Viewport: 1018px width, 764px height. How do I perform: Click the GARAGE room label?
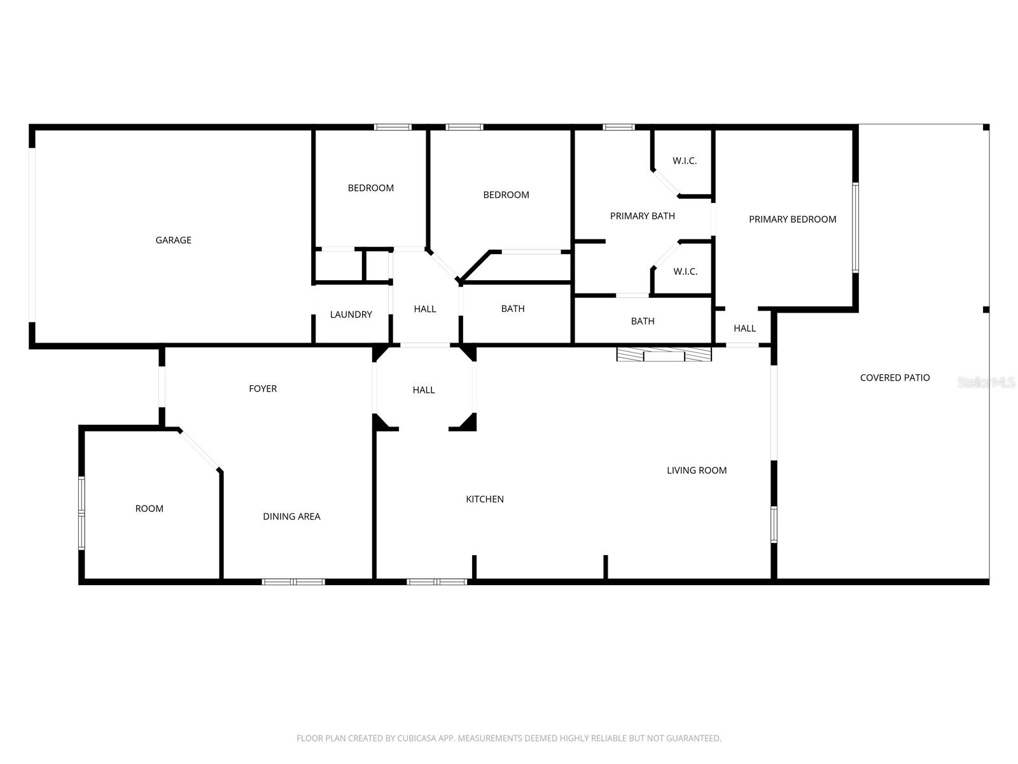[173, 240]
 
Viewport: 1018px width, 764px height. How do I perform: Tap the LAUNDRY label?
[351, 315]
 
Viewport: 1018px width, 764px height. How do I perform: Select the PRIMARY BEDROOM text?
[792, 219]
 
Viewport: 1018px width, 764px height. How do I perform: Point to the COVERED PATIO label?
[895, 378]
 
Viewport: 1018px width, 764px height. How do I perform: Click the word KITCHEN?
[485, 499]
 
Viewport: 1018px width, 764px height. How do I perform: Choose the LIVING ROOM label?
[697, 470]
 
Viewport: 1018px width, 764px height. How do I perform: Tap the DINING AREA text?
[291, 516]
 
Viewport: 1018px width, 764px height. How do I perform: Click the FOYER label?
[263, 388]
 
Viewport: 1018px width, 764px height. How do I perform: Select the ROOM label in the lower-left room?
[149, 508]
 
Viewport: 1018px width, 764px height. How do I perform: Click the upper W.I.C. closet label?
[685, 161]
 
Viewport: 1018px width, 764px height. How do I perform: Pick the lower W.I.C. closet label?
[685, 272]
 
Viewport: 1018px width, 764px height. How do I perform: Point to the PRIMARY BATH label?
[642, 216]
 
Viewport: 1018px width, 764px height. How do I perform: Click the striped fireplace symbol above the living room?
[664, 354]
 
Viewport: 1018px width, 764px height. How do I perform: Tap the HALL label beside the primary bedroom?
[744, 329]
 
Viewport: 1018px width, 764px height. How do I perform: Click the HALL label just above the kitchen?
[424, 390]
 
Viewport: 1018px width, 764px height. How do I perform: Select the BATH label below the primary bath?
[643, 321]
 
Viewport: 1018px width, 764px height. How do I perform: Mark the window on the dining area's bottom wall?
[293, 581]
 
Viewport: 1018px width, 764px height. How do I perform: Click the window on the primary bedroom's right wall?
[856, 227]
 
